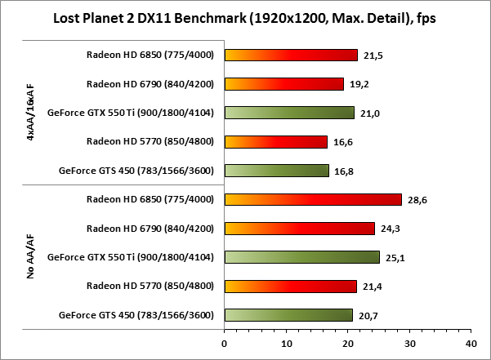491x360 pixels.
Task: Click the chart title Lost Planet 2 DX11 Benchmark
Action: click(244, 17)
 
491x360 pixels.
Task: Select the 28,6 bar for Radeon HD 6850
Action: click(313, 199)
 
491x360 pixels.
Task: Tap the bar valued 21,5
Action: click(291, 56)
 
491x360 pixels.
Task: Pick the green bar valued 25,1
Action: click(301, 257)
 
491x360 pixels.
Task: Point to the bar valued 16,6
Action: click(275, 142)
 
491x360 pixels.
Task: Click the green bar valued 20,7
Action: click(288, 314)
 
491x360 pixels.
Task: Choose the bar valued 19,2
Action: click(283, 84)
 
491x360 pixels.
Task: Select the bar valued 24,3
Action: click(299, 228)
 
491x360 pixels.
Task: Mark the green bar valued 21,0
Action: click(289, 113)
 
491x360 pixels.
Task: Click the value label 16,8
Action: click(343, 171)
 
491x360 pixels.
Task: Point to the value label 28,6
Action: click(417, 199)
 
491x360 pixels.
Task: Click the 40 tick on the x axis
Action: click(470, 343)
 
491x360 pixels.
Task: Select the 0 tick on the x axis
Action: click(225, 343)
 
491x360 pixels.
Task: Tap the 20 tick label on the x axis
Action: click(347, 343)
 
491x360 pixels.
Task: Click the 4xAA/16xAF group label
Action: click(30, 113)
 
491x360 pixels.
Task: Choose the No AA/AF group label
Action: click(30, 257)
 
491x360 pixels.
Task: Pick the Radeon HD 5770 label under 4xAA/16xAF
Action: click(150, 142)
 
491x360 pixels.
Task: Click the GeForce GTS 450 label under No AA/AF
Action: click(136, 314)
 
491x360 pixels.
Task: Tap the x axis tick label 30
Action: click(408, 343)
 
